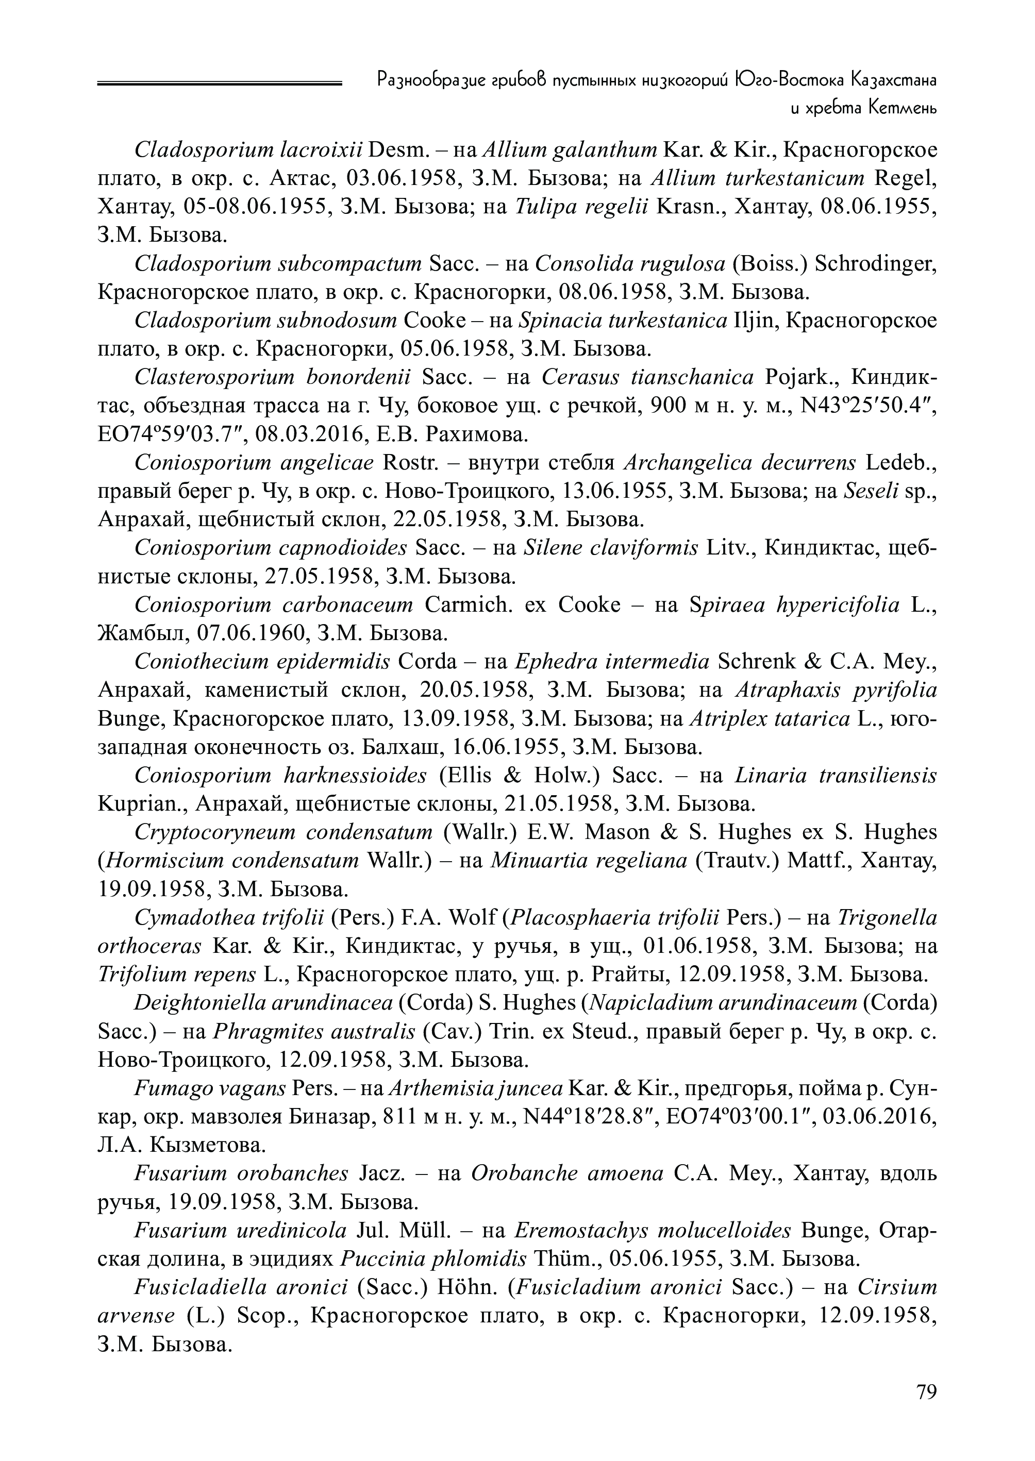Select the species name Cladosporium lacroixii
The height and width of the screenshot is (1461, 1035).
[248, 150]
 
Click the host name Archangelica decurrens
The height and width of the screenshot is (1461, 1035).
[739, 463]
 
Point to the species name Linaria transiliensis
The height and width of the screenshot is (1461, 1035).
[836, 776]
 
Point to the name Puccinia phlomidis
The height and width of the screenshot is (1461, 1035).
[434, 1259]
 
